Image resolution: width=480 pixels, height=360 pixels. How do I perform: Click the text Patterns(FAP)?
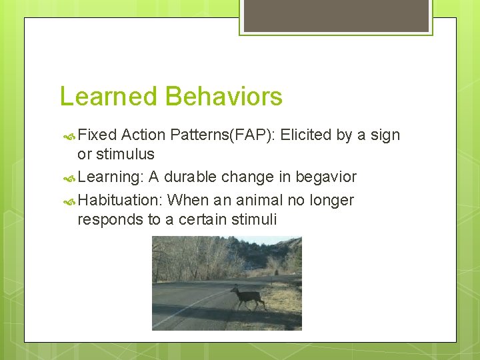[223, 135]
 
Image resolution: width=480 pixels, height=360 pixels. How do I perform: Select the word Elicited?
[305, 135]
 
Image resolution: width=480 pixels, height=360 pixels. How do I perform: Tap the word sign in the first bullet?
[385, 135]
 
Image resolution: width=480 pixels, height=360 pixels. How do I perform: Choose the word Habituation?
[121, 201]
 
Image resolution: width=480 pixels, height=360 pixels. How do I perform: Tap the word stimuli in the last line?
[253, 220]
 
